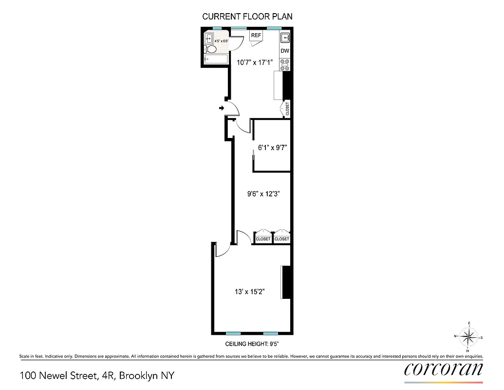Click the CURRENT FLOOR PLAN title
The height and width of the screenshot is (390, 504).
247,17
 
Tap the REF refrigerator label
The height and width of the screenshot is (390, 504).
256,36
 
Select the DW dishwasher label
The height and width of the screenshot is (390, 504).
285,51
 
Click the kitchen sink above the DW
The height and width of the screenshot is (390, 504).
285,37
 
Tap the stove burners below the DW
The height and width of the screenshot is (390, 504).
285,64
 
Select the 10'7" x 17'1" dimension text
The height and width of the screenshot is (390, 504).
255,62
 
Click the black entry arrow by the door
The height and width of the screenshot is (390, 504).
222,108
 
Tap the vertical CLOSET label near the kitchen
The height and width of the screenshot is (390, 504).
287,109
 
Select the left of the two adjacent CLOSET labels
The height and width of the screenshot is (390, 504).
263,239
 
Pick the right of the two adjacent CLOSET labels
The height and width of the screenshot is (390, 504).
281,239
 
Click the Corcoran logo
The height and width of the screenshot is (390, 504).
444,369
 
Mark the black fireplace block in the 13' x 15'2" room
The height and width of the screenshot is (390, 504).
287,282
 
